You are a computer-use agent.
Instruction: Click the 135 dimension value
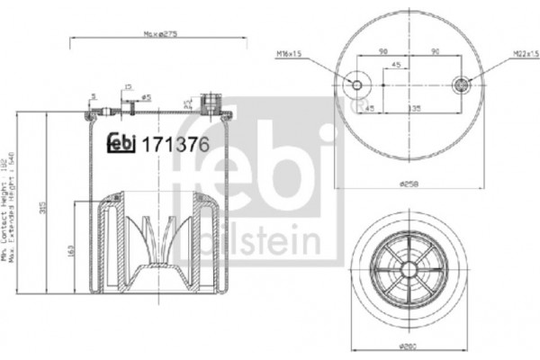[x=417, y=106]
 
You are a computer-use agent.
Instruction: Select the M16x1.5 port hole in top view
[x=358, y=85]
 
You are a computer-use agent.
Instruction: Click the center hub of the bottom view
[x=410, y=271]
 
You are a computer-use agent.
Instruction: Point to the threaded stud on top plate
[x=212, y=100]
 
